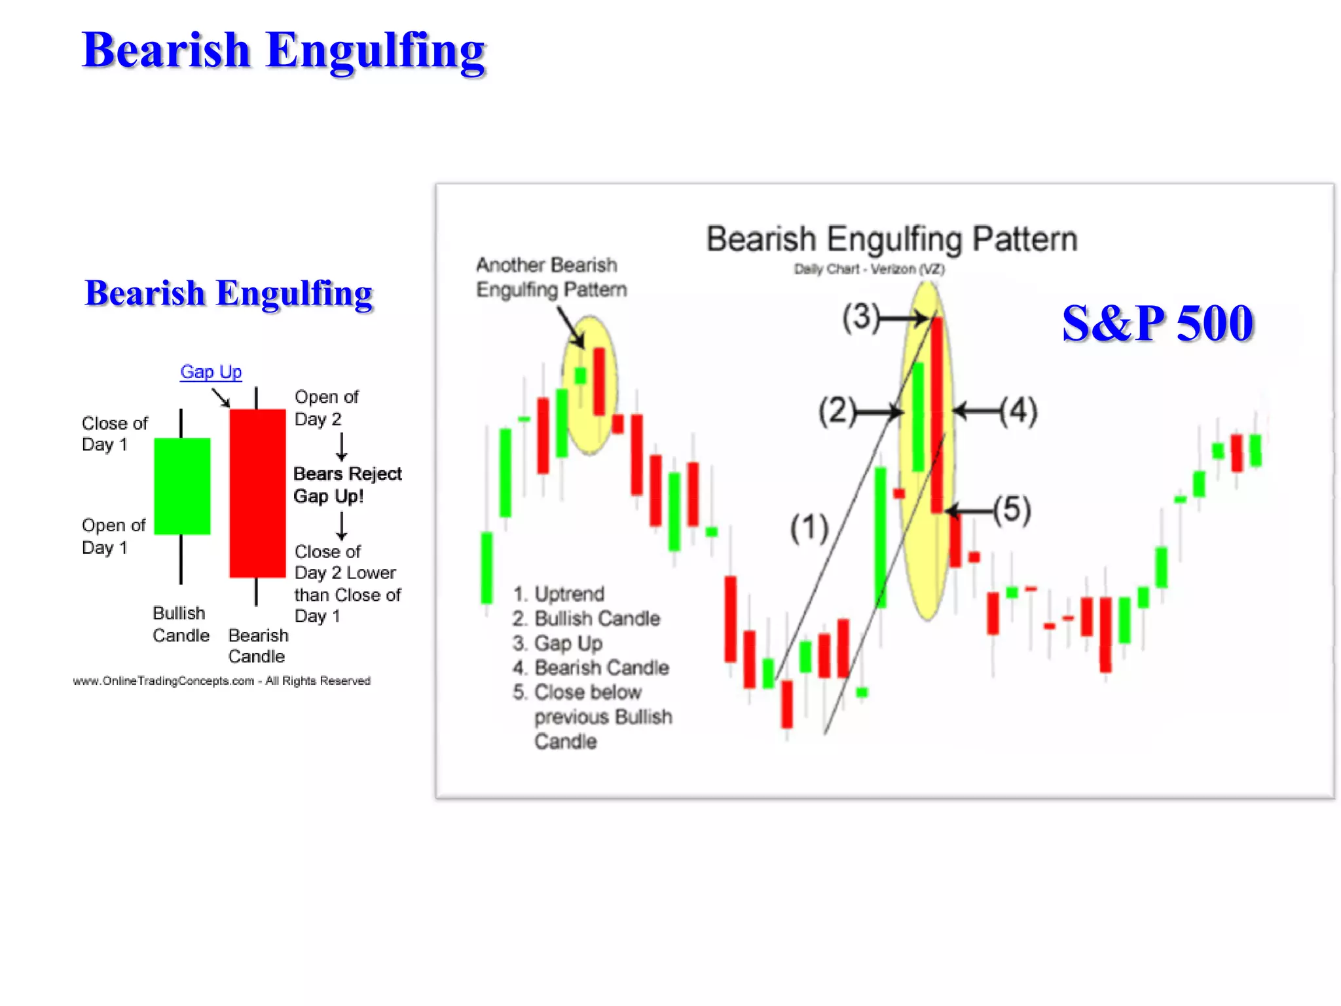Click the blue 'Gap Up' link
tap(211, 372)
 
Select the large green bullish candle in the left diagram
tap(182, 486)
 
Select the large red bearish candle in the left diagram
tap(257, 493)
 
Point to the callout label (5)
tap(1012, 510)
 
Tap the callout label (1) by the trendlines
tap(809, 529)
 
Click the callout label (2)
tap(837, 411)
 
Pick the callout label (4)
tap(1019, 411)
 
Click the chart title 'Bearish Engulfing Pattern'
tap(891, 239)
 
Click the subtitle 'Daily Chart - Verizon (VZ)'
tap(869, 269)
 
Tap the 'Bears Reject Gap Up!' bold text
tap(347, 485)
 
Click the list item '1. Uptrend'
tap(559, 594)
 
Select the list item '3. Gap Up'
tap(557, 643)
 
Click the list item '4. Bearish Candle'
tap(591, 668)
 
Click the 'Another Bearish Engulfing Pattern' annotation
tap(551, 277)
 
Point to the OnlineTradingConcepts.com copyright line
tap(221, 681)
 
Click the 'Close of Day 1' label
tap(114, 434)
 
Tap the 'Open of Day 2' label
tap(326, 407)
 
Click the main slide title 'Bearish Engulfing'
tap(283, 50)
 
